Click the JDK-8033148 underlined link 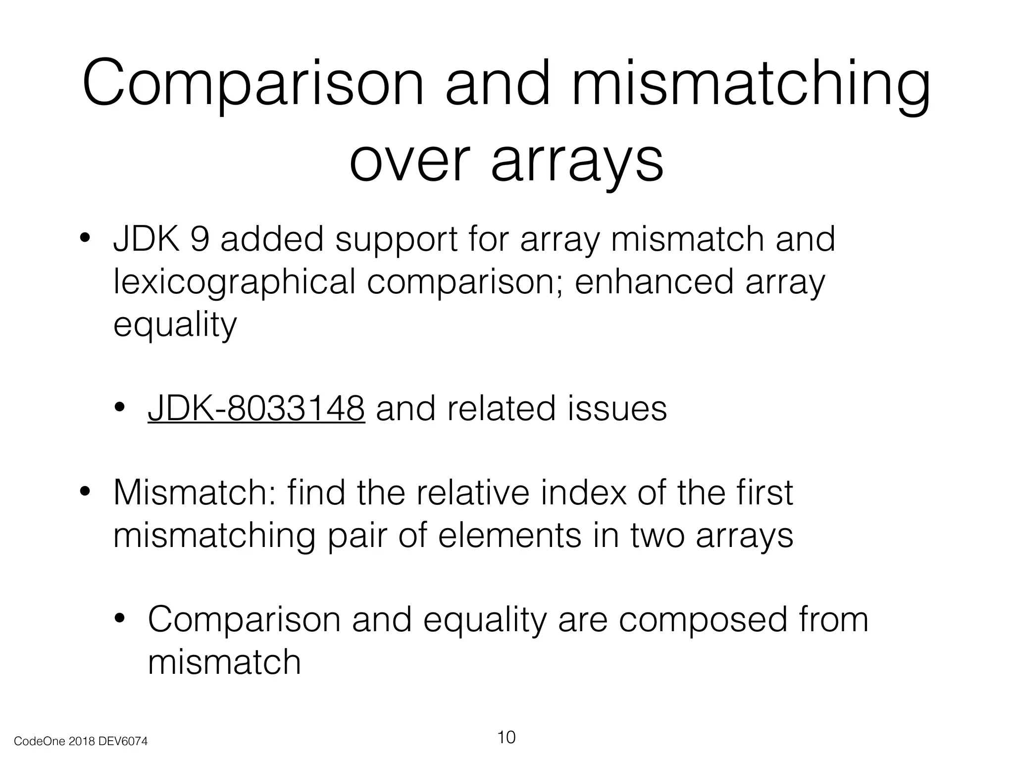click(x=256, y=408)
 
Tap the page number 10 click(x=506, y=737)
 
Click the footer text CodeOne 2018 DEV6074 click(x=81, y=741)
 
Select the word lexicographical click(x=234, y=282)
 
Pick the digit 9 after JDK click(x=200, y=239)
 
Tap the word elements click(x=509, y=535)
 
